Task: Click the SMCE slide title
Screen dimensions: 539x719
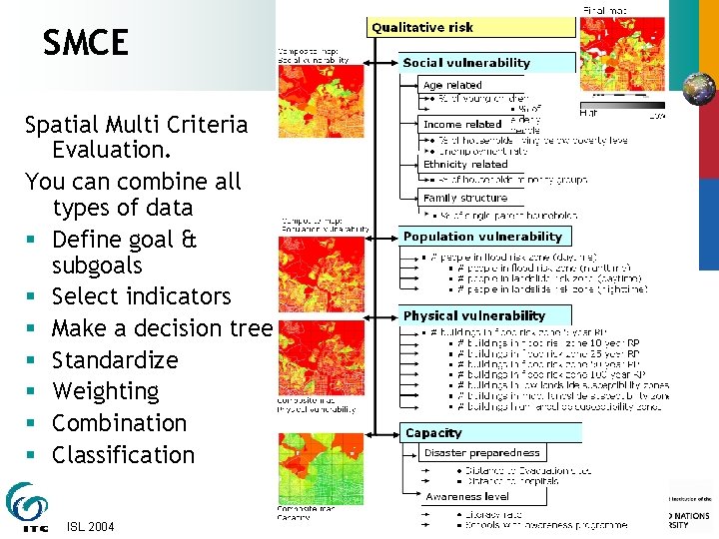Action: coord(86,43)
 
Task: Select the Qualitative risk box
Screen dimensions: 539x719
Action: coord(471,27)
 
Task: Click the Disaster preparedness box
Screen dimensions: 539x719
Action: coord(481,453)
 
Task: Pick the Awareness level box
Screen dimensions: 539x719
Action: coord(467,497)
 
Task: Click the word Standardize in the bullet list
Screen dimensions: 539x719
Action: coord(115,360)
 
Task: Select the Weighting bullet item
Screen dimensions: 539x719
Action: coord(105,391)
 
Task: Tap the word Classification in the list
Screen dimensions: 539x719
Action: coord(123,454)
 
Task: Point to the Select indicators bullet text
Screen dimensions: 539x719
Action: coord(141,296)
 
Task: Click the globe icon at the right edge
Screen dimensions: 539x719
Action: coord(701,88)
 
